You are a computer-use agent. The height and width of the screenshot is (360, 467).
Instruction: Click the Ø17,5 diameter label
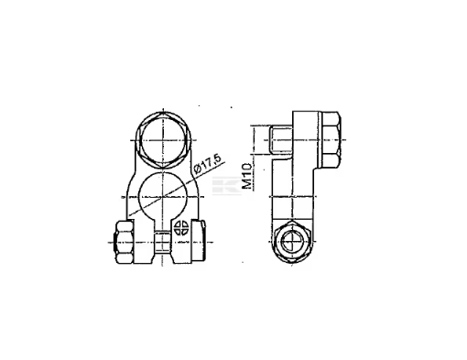point(207,164)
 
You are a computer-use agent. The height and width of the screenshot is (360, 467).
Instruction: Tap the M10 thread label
point(247,176)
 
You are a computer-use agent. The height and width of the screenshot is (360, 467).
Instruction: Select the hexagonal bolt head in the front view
point(164,140)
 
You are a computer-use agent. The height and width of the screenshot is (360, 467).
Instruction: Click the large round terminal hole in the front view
point(163,196)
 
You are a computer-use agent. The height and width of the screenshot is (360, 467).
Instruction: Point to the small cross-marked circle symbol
point(181,228)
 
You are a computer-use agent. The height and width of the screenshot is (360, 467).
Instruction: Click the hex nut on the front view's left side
point(124,242)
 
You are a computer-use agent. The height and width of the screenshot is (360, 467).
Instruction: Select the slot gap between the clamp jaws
point(162,241)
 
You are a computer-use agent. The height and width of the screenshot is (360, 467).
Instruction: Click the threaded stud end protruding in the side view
point(280,140)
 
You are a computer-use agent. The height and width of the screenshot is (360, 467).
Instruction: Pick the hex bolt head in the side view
point(331,139)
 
